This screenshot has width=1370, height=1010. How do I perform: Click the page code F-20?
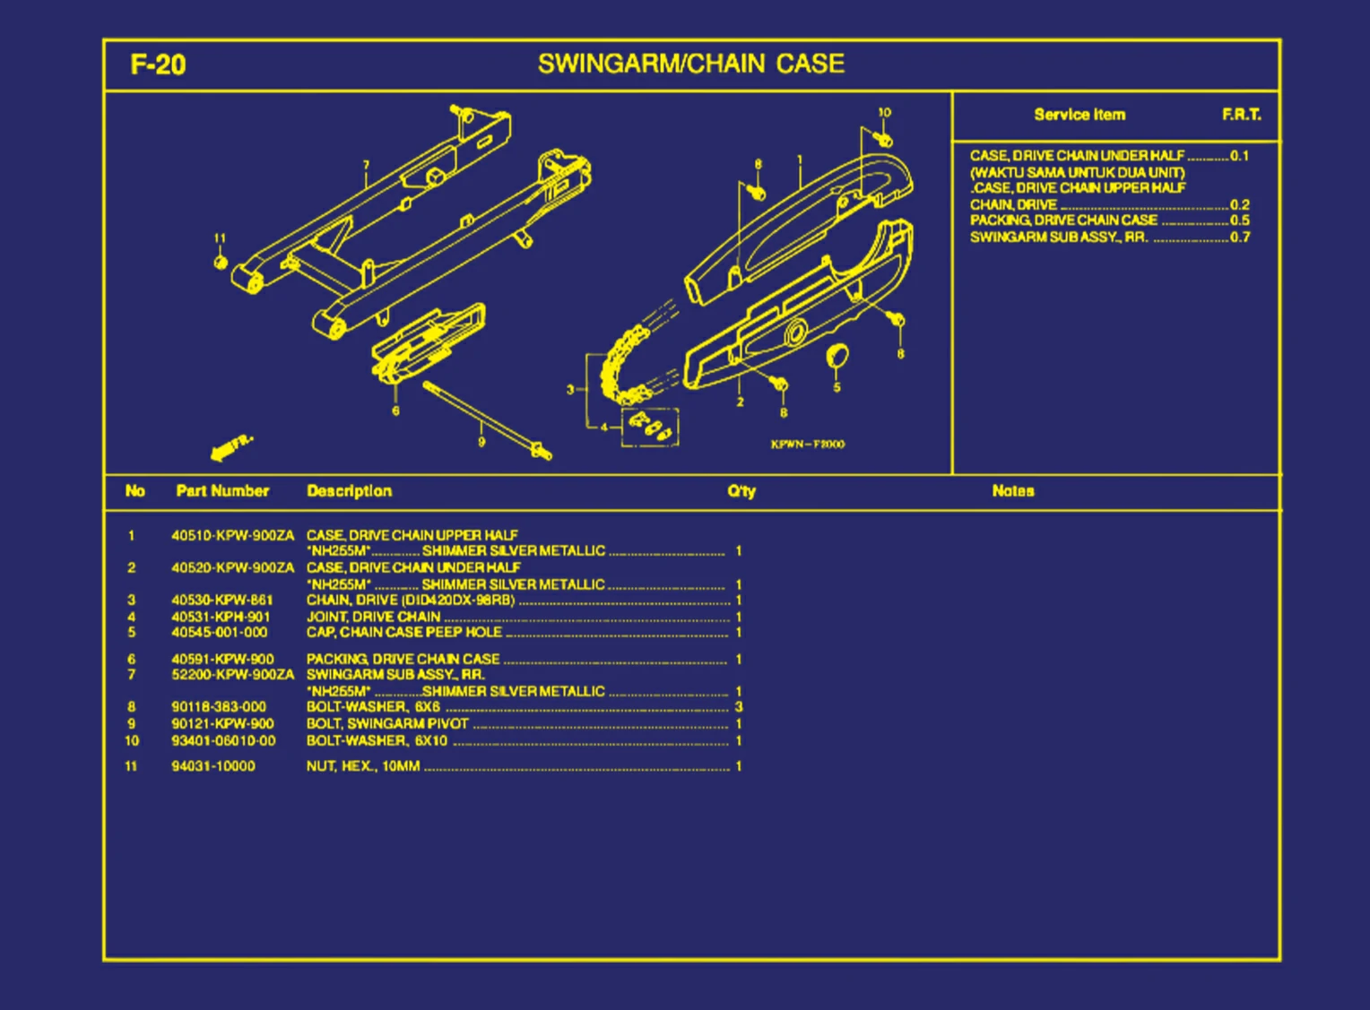tap(158, 65)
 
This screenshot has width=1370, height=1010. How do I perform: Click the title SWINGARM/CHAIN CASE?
tap(690, 64)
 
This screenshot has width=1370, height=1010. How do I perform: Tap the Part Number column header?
tap(222, 491)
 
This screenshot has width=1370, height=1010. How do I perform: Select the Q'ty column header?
tap(741, 491)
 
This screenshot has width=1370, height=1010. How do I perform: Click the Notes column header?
tap(1013, 491)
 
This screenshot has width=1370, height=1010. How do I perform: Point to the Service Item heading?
tap(1080, 115)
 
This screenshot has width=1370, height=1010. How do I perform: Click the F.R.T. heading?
tap(1241, 115)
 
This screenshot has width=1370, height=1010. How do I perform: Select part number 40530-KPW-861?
tap(222, 600)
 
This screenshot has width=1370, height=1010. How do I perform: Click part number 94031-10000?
tap(213, 766)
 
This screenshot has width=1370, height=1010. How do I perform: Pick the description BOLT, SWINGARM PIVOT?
tap(387, 724)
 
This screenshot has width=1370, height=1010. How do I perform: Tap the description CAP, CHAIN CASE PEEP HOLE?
tap(404, 633)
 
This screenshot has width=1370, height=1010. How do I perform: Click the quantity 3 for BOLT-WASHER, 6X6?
tap(739, 707)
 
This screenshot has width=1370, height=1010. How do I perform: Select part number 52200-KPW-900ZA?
tap(232, 675)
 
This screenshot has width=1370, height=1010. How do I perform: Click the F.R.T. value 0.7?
tap(1240, 237)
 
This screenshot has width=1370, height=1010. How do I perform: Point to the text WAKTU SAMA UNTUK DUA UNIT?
tap(1077, 172)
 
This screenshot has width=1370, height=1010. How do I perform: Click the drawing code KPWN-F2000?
tap(807, 445)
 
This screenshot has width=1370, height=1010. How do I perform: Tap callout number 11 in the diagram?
tap(220, 238)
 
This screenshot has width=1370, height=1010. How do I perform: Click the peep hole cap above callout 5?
tap(837, 356)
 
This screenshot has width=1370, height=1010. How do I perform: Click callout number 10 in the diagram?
tap(884, 113)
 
